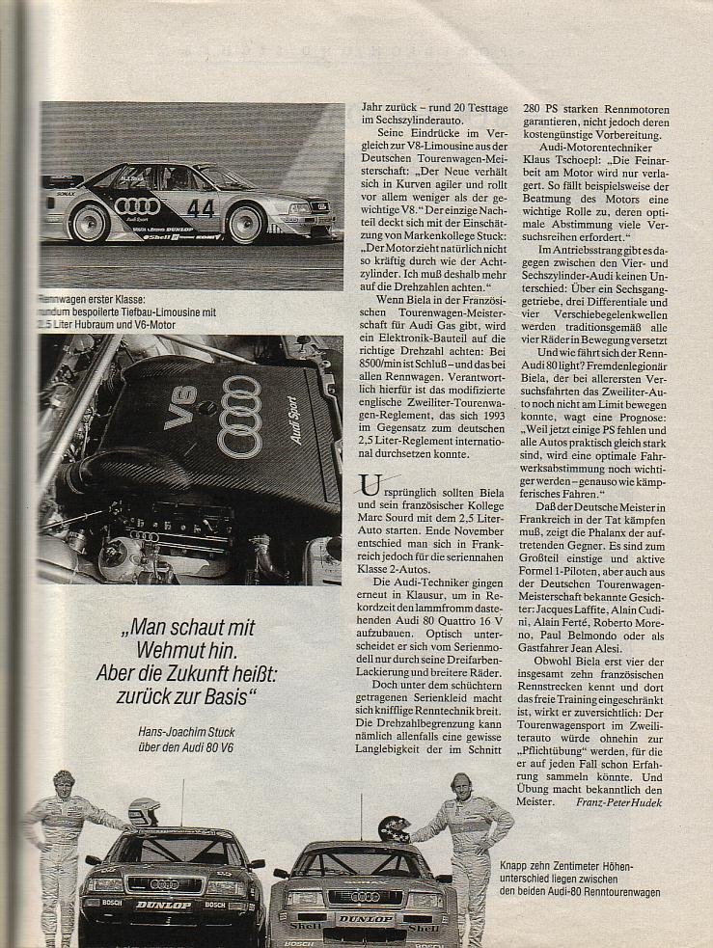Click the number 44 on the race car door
click(201, 207)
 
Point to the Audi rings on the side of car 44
click(136, 205)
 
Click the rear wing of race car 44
click(63, 180)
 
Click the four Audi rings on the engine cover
click(240, 416)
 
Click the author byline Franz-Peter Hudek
click(617, 801)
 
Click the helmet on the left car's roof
click(145, 811)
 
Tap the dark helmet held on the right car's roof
click(393, 828)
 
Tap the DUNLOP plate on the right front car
click(364, 919)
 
